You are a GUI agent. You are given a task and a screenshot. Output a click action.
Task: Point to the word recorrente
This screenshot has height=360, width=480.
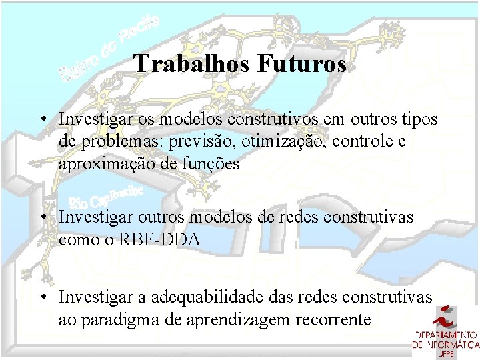tap(327, 319)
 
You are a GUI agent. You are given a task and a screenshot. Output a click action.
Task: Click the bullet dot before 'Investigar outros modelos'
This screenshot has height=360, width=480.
tap(42, 217)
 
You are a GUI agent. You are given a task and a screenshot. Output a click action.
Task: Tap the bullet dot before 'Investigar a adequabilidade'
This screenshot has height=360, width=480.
tap(42, 297)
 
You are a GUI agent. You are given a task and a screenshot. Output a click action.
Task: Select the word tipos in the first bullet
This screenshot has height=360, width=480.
tap(419, 119)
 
